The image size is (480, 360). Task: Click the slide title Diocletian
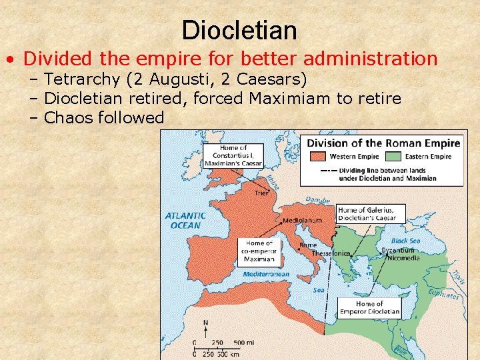tap(239, 30)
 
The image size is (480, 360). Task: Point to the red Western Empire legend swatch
tap(317, 157)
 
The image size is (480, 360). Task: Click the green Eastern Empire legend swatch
tap(391, 157)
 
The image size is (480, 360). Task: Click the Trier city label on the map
tap(262, 194)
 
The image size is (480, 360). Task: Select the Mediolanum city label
tap(303, 220)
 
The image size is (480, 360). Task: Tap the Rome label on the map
tap(308, 245)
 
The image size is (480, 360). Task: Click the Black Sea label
tap(405, 241)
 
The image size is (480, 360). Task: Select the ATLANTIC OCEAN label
tap(185, 220)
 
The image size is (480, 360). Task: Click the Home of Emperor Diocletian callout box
tap(370, 307)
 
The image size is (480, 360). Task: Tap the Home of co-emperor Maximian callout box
tap(259, 251)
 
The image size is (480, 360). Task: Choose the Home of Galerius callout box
tap(370, 213)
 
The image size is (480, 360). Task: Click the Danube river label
tap(317, 200)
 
